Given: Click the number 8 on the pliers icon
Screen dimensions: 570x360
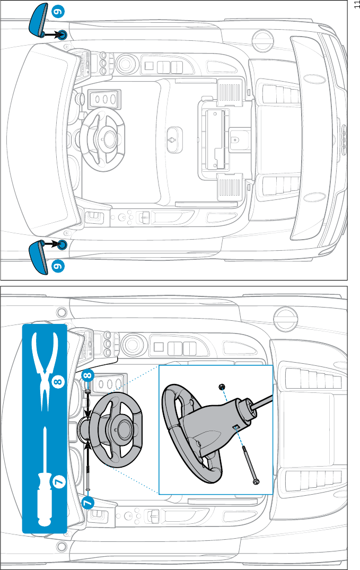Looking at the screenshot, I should (x=58, y=380).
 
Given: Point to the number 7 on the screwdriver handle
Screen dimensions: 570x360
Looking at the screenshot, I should (x=57, y=481).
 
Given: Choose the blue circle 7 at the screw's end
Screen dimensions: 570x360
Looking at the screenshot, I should (x=87, y=502).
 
